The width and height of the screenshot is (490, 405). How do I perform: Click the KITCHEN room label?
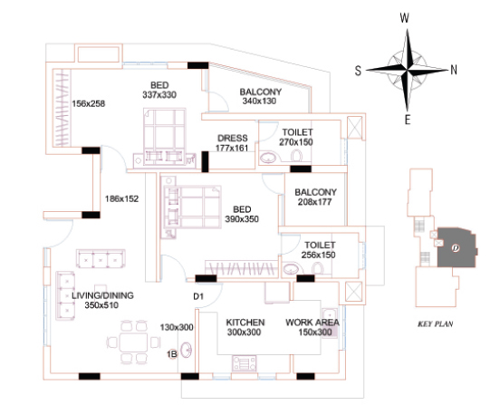245,323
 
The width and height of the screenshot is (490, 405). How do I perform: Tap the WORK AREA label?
312,323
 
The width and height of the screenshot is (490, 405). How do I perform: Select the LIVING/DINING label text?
102,295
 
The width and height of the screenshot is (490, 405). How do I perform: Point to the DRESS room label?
232,138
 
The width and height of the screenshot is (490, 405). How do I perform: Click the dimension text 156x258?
89,103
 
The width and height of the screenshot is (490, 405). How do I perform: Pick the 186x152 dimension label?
121,198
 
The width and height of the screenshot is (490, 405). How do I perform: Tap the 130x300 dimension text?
177,327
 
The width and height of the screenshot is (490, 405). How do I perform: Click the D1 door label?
198,296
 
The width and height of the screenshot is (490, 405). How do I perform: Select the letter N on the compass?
454,70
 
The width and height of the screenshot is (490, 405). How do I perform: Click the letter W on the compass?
404,18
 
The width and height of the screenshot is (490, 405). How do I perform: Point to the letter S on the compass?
358,71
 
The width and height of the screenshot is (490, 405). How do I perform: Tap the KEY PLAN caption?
436,323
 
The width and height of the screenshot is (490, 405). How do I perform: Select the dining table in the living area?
133,342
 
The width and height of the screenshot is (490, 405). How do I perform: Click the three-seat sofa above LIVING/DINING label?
101,258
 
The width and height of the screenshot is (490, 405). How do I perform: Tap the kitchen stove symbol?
244,363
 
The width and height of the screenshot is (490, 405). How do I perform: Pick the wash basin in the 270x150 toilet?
268,158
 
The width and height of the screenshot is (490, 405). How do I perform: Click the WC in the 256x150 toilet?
318,268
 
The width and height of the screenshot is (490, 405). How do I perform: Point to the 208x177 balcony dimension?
314,202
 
